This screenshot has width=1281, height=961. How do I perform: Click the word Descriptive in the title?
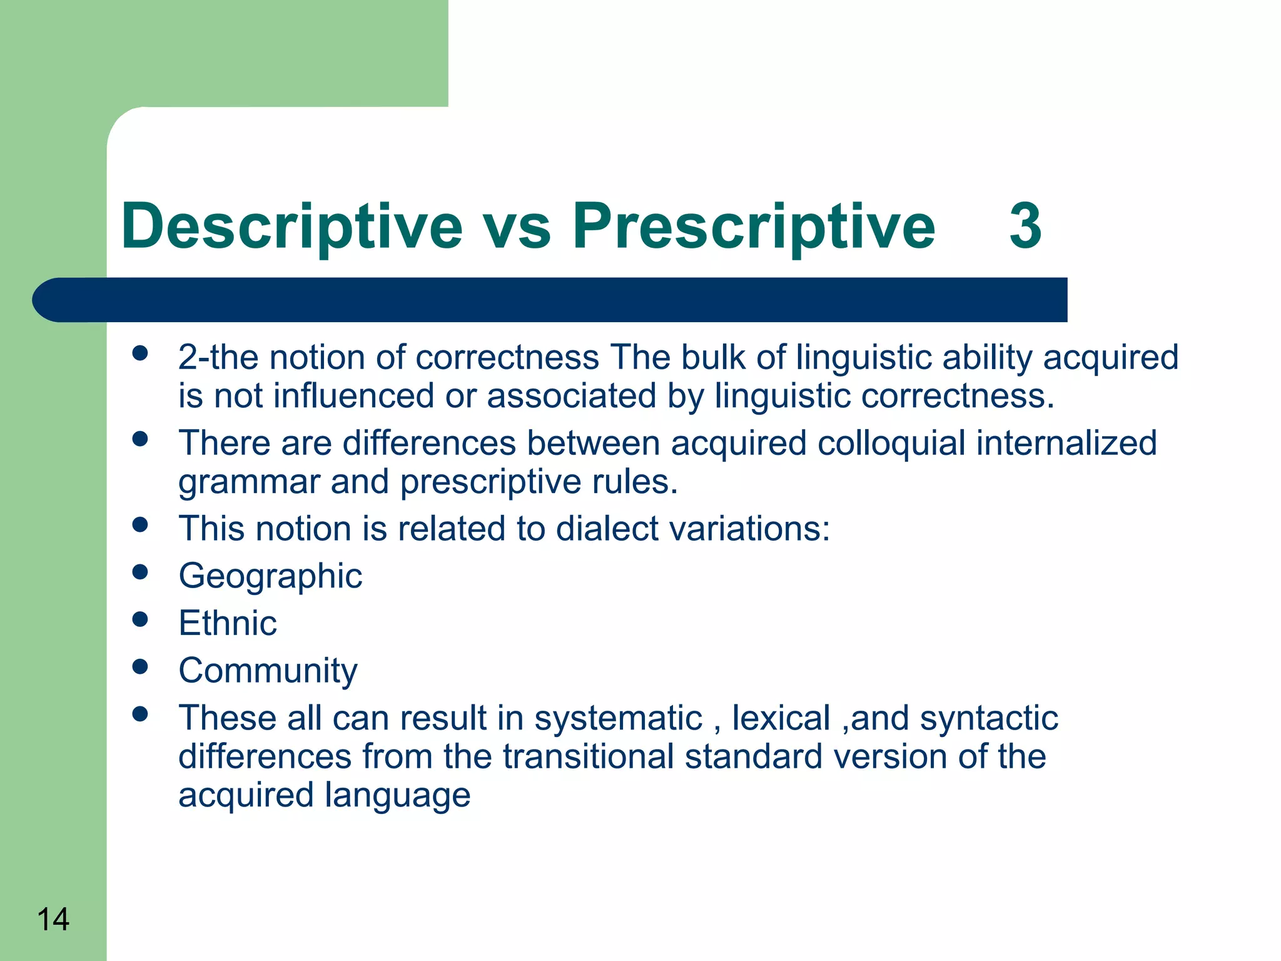pyautogui.click(x=291, y=226)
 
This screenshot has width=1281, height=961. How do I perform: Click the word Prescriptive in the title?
pyautogui.click(x=754, y=226)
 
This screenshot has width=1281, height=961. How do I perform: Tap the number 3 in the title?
pyautogui.click(x=1025, y=226)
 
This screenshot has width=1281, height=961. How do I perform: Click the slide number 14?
pyautogui.click(x=53, y=920)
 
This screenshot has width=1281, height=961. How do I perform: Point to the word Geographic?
pyautogui.click(x=270, y=576)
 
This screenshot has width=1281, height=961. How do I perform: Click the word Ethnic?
pyautogui.click(x=228, y=623)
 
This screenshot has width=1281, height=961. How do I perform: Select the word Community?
pyautogui.click(x=268, y=671)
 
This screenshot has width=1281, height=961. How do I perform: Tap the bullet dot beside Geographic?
pyautogui.click(x=140, y=572)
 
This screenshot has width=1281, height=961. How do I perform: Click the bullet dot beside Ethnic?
pyautogui.click(x=140, y=619)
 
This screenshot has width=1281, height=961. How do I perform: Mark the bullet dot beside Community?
pyautogui.click(x=140, y=667)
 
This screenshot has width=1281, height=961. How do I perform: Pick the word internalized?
pyautogui.click(x=1066, y=443)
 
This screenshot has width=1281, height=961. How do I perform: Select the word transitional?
pyautogui.click(x=588, y=756)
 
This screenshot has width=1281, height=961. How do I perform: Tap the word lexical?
pyautogui.click(x=781, y=718)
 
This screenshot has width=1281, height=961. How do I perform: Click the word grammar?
pyautogui.click(x=249, y=482)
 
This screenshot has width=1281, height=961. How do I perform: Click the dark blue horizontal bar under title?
pyautogui.click(x=550, y=300)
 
